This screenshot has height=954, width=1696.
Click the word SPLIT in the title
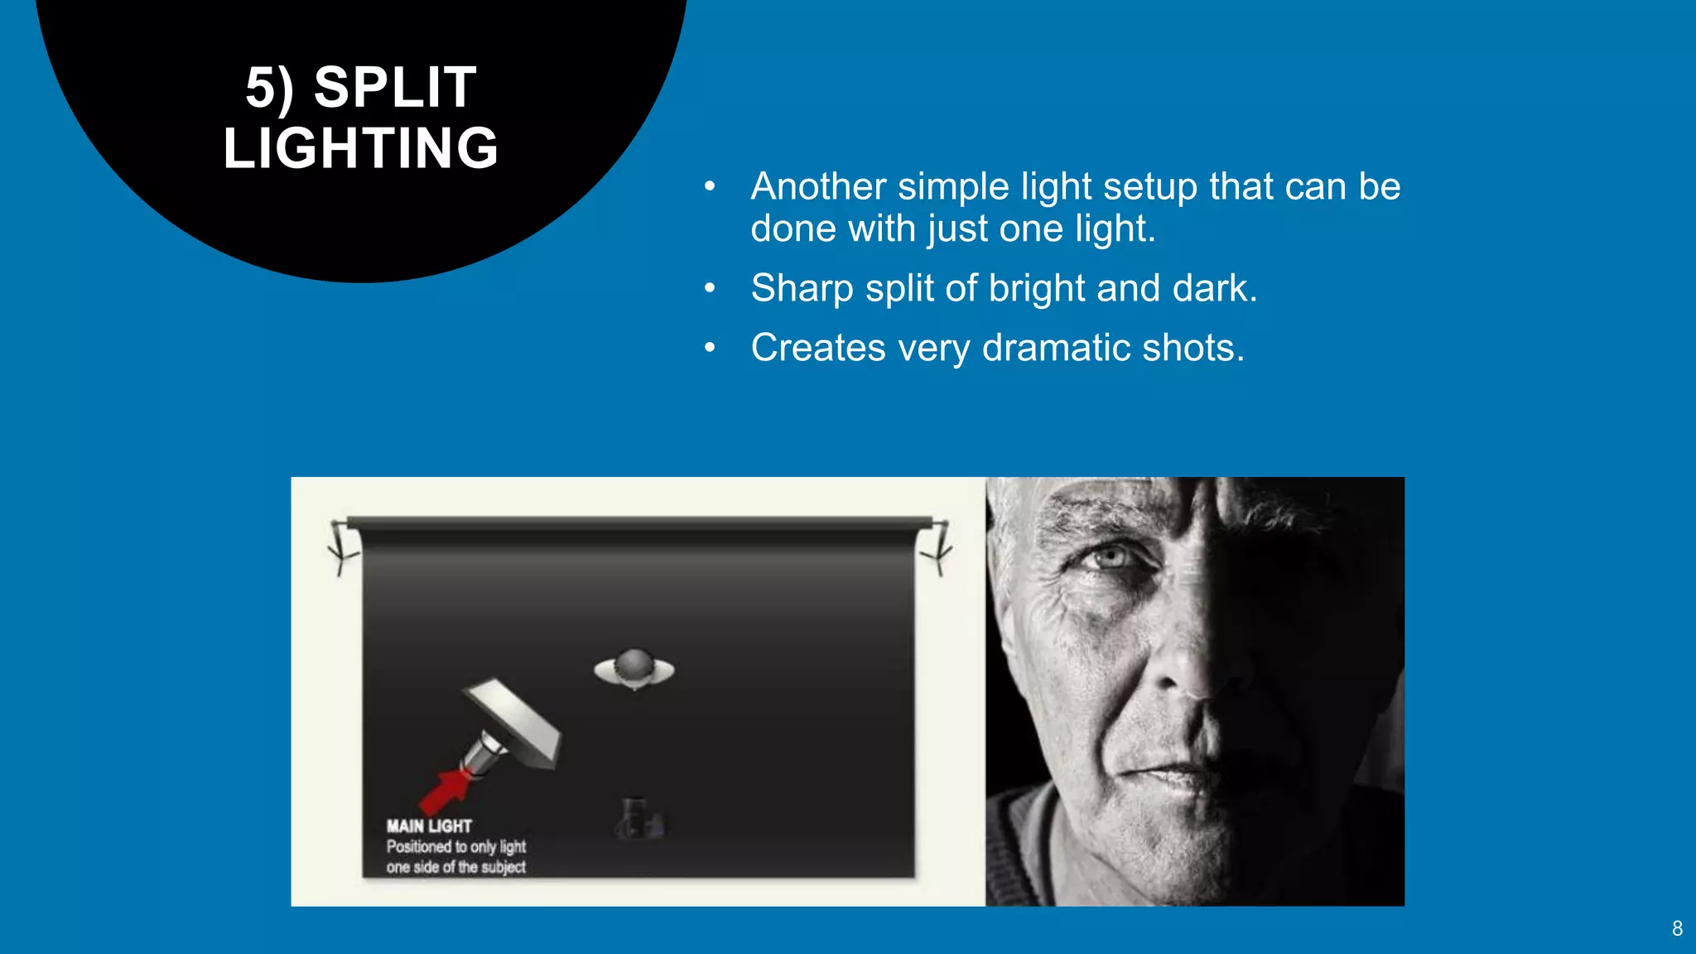coord(395,88)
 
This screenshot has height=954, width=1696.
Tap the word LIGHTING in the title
coord(361,149)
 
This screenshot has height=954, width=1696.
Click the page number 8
coord(1677,928)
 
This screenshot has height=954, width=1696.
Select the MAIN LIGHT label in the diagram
coord(429,826)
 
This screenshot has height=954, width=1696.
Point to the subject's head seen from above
coord(634,667)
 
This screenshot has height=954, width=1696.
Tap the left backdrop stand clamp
coord(342,547)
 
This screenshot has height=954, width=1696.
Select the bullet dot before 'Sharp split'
coord(710,288)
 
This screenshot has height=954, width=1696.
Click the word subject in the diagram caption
coord(503,867)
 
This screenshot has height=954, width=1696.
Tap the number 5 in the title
coord(260,88)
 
